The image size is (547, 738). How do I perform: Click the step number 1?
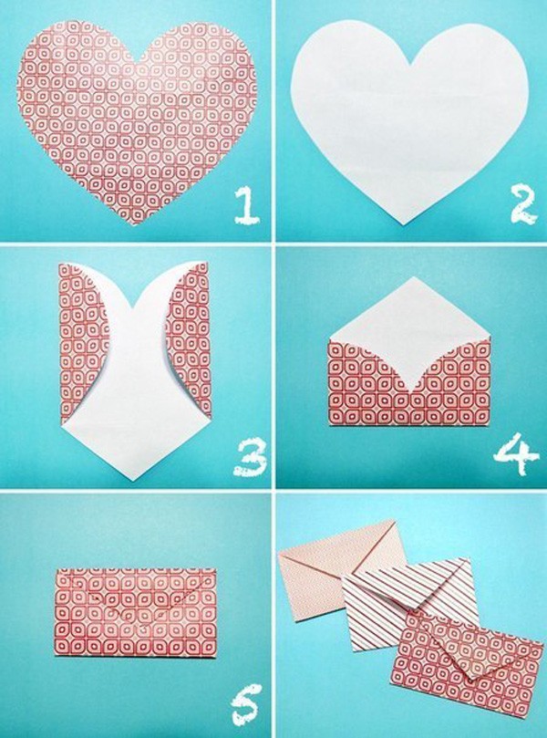coord(246,204)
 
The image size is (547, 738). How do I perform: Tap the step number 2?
coord(523,204)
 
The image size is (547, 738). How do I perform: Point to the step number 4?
coord(515,453)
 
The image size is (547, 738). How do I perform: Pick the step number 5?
coord(246,704)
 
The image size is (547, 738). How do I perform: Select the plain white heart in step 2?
coord(409,118)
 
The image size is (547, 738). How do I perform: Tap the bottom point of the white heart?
coord(404,224)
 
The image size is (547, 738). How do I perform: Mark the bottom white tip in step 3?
coord(134,480)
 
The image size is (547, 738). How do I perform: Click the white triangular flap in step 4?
coord(410,329)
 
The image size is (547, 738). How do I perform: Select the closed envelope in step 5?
coord(136,612)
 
